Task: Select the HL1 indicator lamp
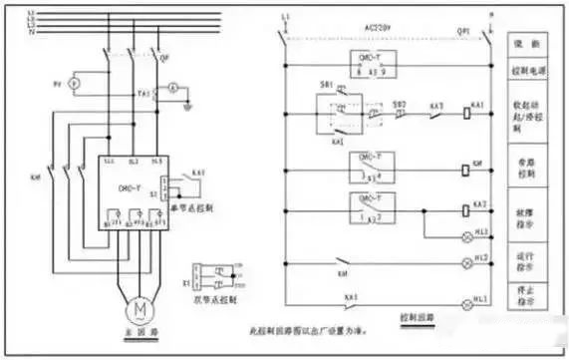tap(467, 303)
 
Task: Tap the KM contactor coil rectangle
tap(467, 171)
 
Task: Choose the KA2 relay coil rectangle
tap(467, 211)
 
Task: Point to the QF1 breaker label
tap(462, 32)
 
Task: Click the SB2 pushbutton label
tap(399, 104)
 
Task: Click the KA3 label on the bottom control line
tap(350, 296)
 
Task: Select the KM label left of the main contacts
tap(36, 177)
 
